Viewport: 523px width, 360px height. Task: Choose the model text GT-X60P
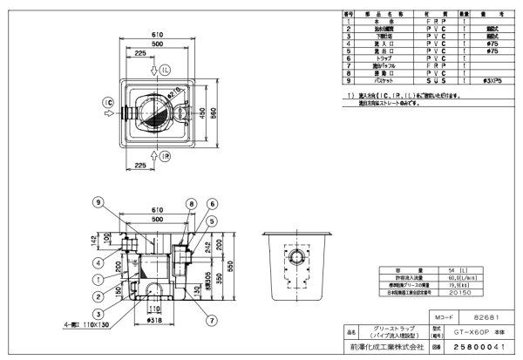(471, 333)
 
